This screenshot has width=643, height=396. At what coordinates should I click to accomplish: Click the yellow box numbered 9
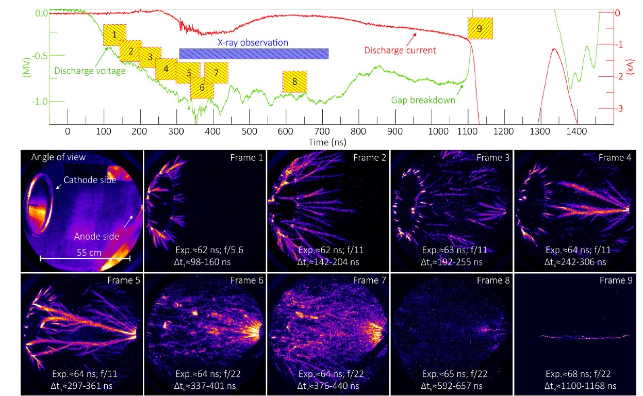point(480,28)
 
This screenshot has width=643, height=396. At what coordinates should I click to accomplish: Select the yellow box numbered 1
point(114,35)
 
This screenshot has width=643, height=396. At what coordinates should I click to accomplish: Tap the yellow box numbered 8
point(294,81)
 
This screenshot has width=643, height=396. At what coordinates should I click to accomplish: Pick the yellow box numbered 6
point(202,88)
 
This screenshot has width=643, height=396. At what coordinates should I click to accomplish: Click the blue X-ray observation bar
point(254,54)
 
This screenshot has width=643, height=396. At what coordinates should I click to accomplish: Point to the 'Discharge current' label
point(400,51)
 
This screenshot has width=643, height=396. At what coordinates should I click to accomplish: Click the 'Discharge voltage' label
point(90,71)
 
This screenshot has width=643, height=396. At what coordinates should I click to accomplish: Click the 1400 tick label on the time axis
point(576,131)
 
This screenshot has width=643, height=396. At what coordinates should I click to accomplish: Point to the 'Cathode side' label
point(90,180)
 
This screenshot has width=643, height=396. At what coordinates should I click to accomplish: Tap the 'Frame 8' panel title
point(492,280)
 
